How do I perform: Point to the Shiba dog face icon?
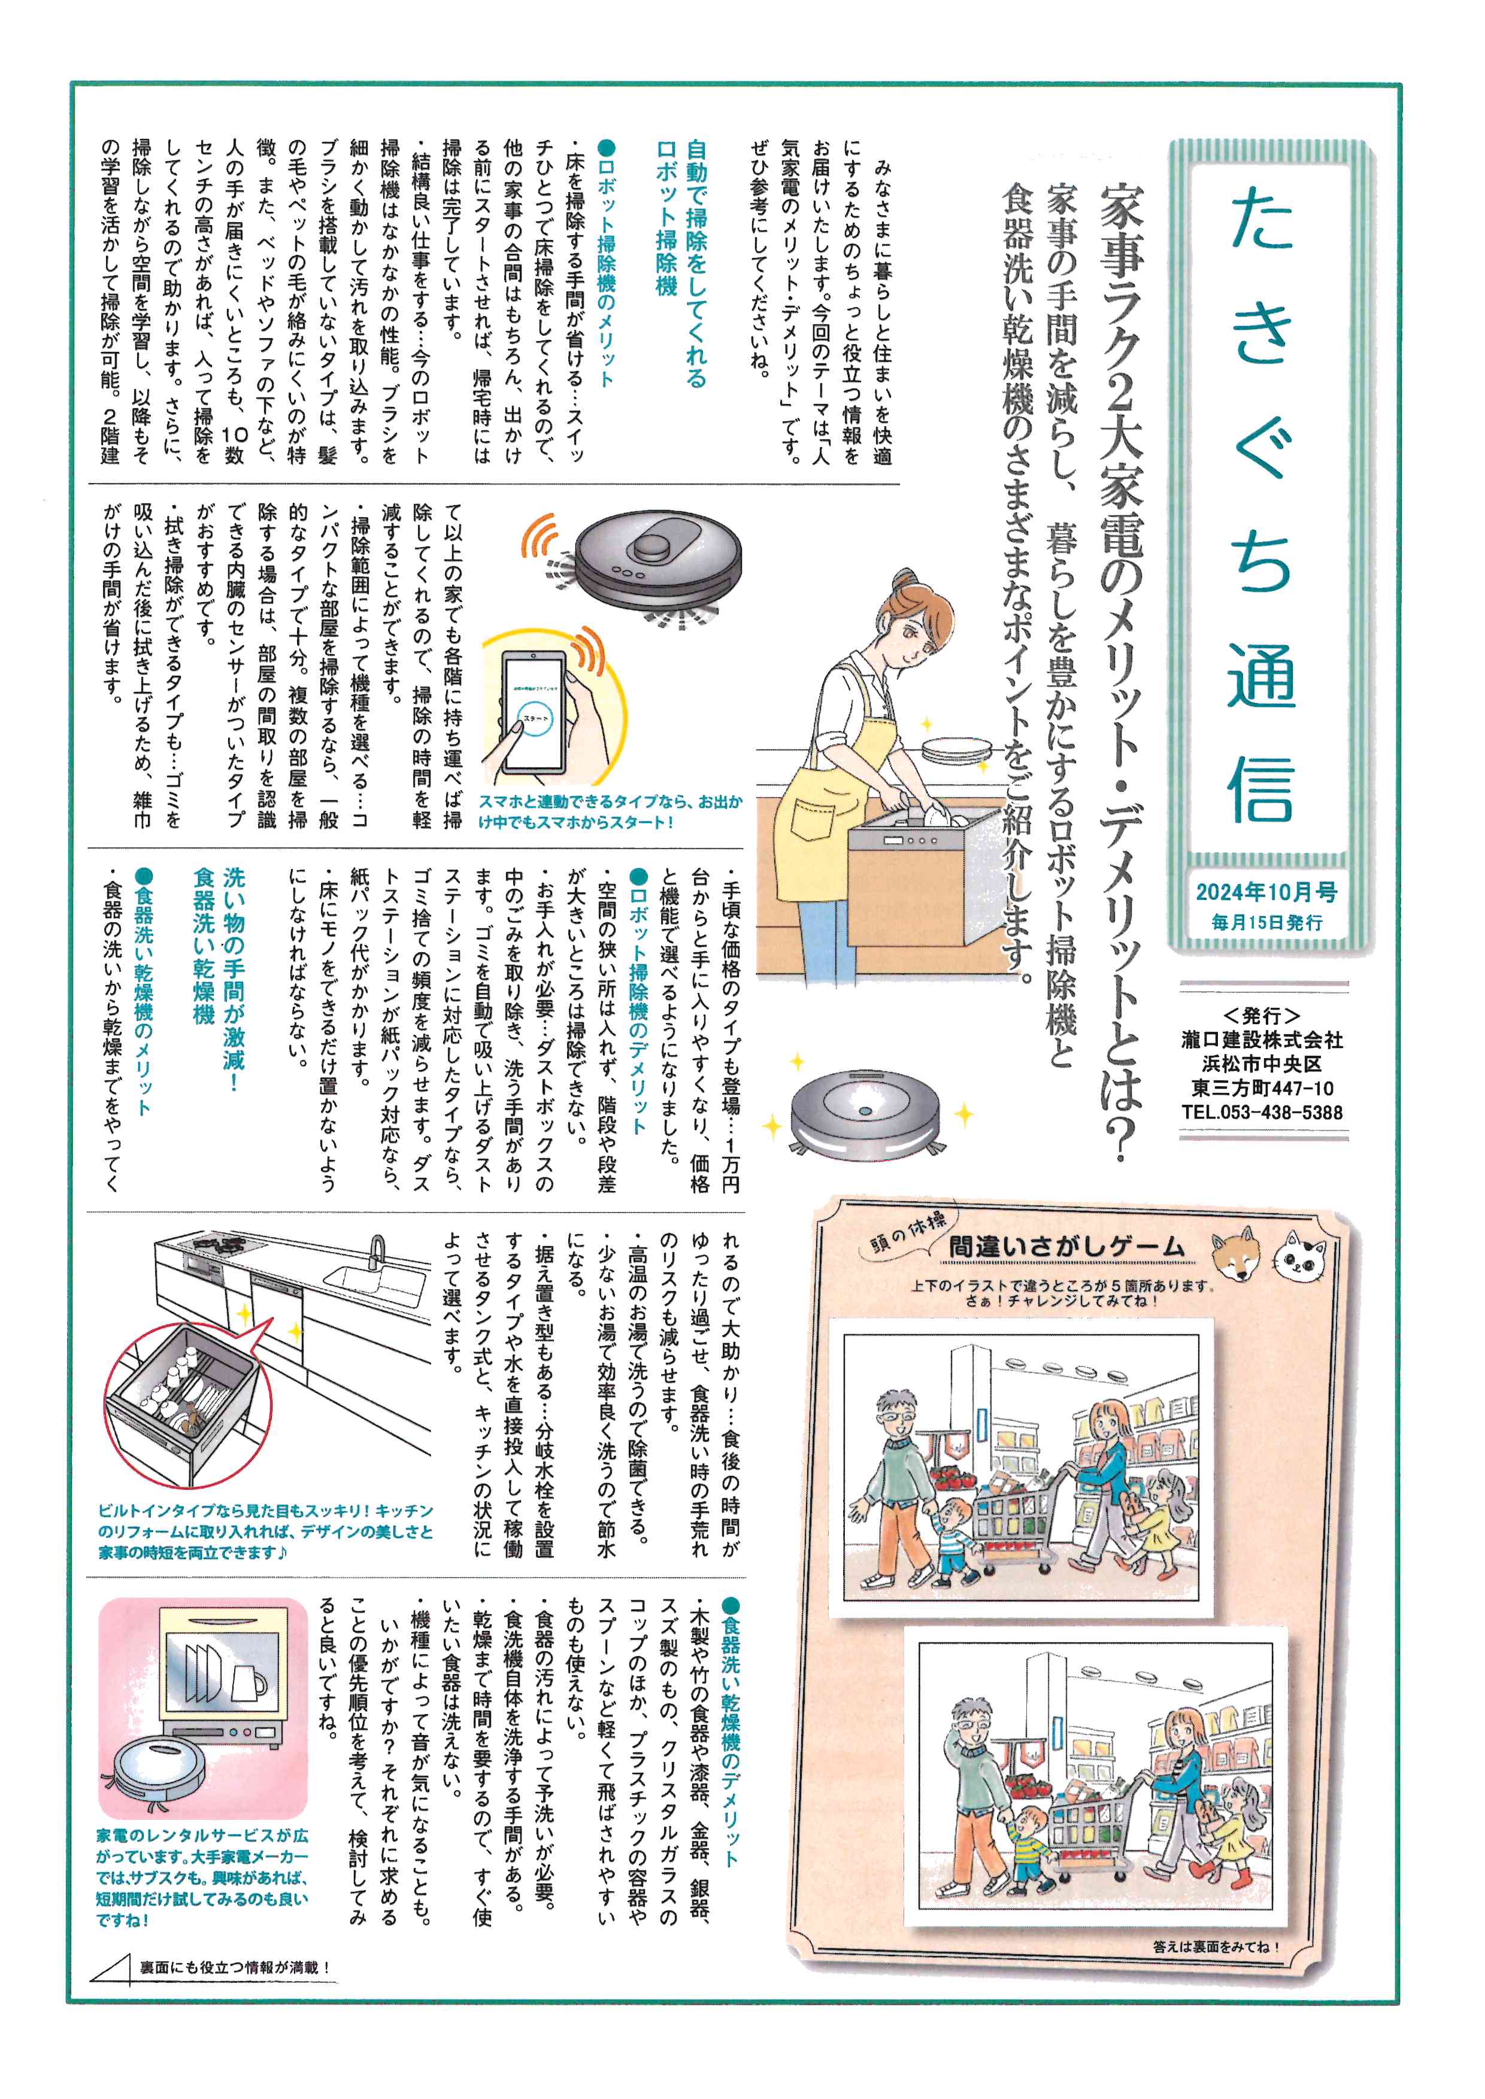click(1234, 1254)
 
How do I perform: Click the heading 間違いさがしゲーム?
click(1066, 1246)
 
